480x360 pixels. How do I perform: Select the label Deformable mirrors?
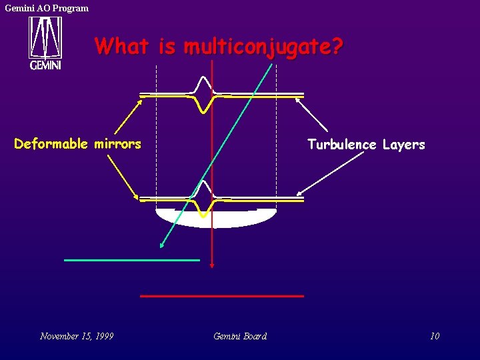point(77,144)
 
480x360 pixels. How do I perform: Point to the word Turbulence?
point(341,145)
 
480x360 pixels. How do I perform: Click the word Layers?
point(403,145)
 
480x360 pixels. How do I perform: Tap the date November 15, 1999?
point(77,336)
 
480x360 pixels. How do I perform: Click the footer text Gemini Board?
point(240,336)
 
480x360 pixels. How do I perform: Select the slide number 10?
point(435,336)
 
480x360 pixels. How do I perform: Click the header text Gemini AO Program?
point(47,8)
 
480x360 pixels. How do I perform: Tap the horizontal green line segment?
point(132,259)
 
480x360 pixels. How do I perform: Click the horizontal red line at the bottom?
point(222,295)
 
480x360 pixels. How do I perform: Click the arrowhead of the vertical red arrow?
point(212,265)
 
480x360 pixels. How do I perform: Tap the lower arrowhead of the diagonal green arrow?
point(162,245)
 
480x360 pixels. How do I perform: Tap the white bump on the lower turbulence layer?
point(203,189)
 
